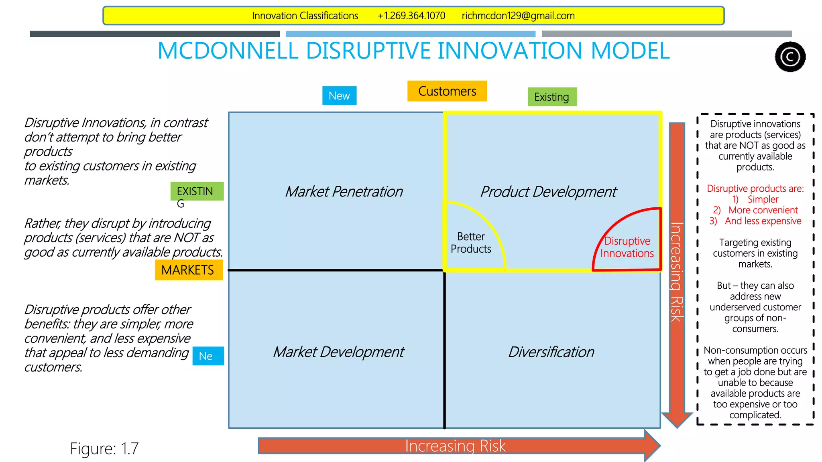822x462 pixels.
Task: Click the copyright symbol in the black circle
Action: coord(790,57)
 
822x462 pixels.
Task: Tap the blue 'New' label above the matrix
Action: coord(339,96)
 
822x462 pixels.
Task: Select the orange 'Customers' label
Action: coord(447,91)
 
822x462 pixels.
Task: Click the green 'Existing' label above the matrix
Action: coord(552,97)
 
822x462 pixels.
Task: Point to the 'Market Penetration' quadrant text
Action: coord(344,192)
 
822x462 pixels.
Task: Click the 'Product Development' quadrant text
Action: coord(548,192)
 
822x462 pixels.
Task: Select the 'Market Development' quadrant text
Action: coord(339,352)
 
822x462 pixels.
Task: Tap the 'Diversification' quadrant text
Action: coord(551,352)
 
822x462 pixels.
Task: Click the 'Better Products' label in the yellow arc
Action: coord(471,243)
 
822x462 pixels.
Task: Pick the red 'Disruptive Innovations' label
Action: coord(627,247)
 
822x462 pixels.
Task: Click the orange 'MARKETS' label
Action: coord(188,270)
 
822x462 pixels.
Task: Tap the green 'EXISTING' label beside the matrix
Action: coord(195,192)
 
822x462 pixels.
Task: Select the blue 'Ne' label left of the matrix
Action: coord(206,356)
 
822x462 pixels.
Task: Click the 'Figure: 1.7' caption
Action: coord(104,449)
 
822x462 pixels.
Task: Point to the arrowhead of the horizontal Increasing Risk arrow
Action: coord(652,446)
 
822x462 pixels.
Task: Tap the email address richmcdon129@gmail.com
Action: coord(518,16)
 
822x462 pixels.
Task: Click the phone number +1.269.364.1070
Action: coord(411,16)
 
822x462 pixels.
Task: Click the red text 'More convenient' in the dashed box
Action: coord(763,210)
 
